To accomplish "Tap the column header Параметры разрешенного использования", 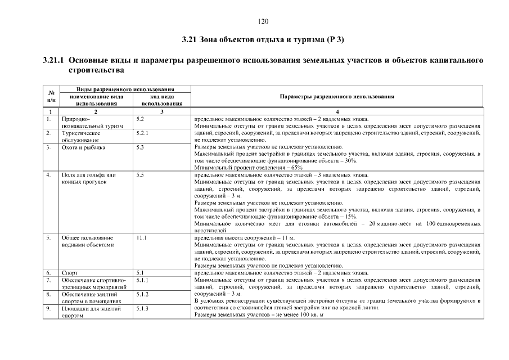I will pyautogui.click(x=336, y=96).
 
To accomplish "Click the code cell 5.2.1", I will pyautogui.click(x=142, y=133).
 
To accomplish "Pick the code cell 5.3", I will pyautogui.click(x=139, y=147).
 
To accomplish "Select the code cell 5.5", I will pyautogui.click(x=139, y=175).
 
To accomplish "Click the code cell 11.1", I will pyautogui.click(x=141, y=238).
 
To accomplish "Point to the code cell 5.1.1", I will pyautogui.click(x=142, y=280).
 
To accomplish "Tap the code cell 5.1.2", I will pyautogui.click(x=142, y=294).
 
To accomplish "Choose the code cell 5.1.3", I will pyautogui.click(x=142, y=308).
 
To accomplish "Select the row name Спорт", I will pyautogui.click(x=70, y=273).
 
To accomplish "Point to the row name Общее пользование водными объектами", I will pyautogui.click(x=87, y=241).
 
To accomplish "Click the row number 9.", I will pyautogui.click(x=49, y=308).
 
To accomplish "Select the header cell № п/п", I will pyautogui.click(x=51, y=96).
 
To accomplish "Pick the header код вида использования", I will pyautogui.click(x=162, y=100).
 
